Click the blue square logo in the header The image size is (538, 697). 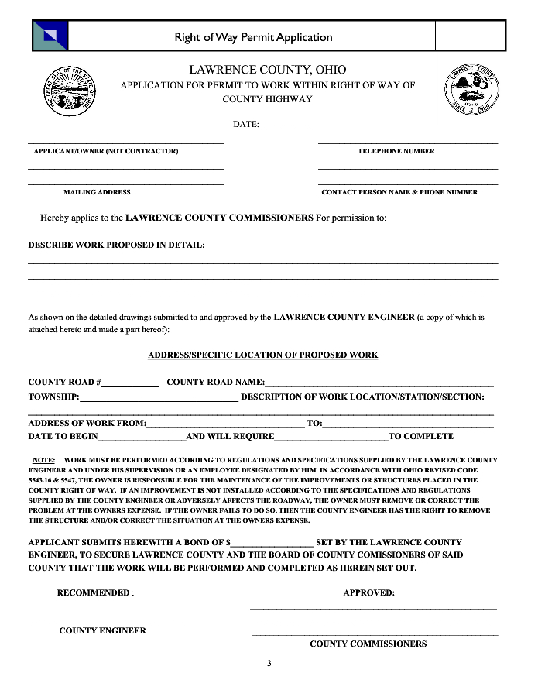coord(50,36)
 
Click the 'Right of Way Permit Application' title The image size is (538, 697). coord(253,37)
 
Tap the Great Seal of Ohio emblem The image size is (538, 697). coord(72,91)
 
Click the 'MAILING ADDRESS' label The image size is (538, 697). coord(97,192)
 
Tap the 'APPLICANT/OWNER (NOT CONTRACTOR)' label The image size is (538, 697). coord(105,151)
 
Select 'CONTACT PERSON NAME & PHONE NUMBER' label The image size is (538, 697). coord(399,192)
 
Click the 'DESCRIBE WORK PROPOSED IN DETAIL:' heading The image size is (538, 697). coord(117,245)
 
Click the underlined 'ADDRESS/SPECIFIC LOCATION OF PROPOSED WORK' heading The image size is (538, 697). coord(262,355)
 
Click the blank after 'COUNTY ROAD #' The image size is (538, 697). coord(130,383)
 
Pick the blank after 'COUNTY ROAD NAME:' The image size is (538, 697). coord(379,383)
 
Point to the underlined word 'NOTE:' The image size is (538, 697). coord(43,460)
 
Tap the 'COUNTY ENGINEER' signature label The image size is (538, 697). coord(102,630)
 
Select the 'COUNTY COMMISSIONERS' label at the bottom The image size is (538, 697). coord(368,644)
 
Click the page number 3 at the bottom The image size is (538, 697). coord(269,663)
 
